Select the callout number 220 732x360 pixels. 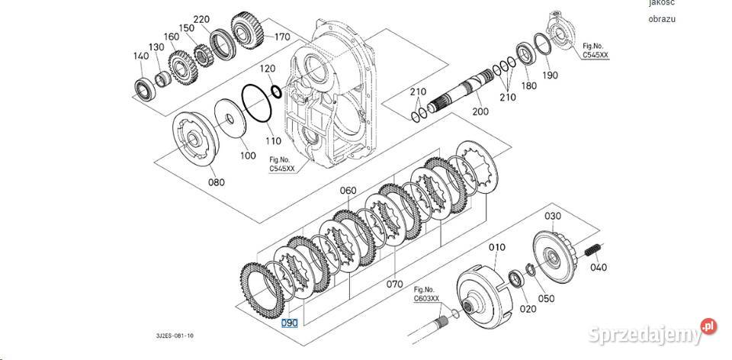180,18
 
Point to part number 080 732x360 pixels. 217,182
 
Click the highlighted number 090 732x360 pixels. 289,323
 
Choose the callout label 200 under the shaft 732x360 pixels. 480,111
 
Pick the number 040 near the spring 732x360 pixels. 599,267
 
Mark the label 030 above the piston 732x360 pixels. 551,217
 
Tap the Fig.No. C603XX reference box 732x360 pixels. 426,294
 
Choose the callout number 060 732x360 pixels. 348,191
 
